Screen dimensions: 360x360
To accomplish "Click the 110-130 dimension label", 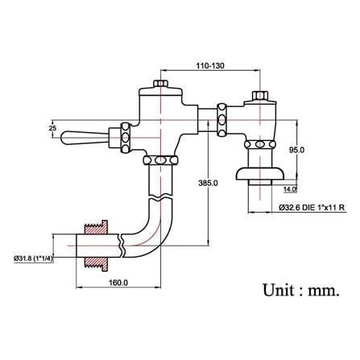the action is pos(210,65).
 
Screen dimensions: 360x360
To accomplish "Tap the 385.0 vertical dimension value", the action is pos(208,183).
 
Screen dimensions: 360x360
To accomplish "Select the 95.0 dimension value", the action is pos(296,150).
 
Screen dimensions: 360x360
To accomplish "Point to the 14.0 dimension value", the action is pos(290,189).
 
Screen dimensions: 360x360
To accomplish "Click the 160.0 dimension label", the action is pos(118,283).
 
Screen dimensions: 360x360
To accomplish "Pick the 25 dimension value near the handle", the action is pos(53,128).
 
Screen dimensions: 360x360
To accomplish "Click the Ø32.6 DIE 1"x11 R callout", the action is pos(312,208).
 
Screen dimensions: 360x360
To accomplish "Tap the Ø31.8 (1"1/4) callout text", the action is pos(33,259).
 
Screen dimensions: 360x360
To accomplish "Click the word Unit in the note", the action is pos(278,290).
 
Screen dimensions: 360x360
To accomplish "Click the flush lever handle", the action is pos(84,138).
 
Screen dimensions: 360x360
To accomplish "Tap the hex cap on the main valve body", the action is pos(160,83).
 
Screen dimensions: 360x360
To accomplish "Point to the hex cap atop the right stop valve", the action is pos(260,96).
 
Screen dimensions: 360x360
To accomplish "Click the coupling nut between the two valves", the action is pos(222,120).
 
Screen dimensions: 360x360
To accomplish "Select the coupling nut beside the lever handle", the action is pos(126,138).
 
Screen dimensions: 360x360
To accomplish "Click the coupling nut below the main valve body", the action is pos(160,160).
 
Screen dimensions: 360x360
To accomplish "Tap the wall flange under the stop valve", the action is pos(260,173).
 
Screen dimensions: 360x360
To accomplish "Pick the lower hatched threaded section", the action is pos(96,263).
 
